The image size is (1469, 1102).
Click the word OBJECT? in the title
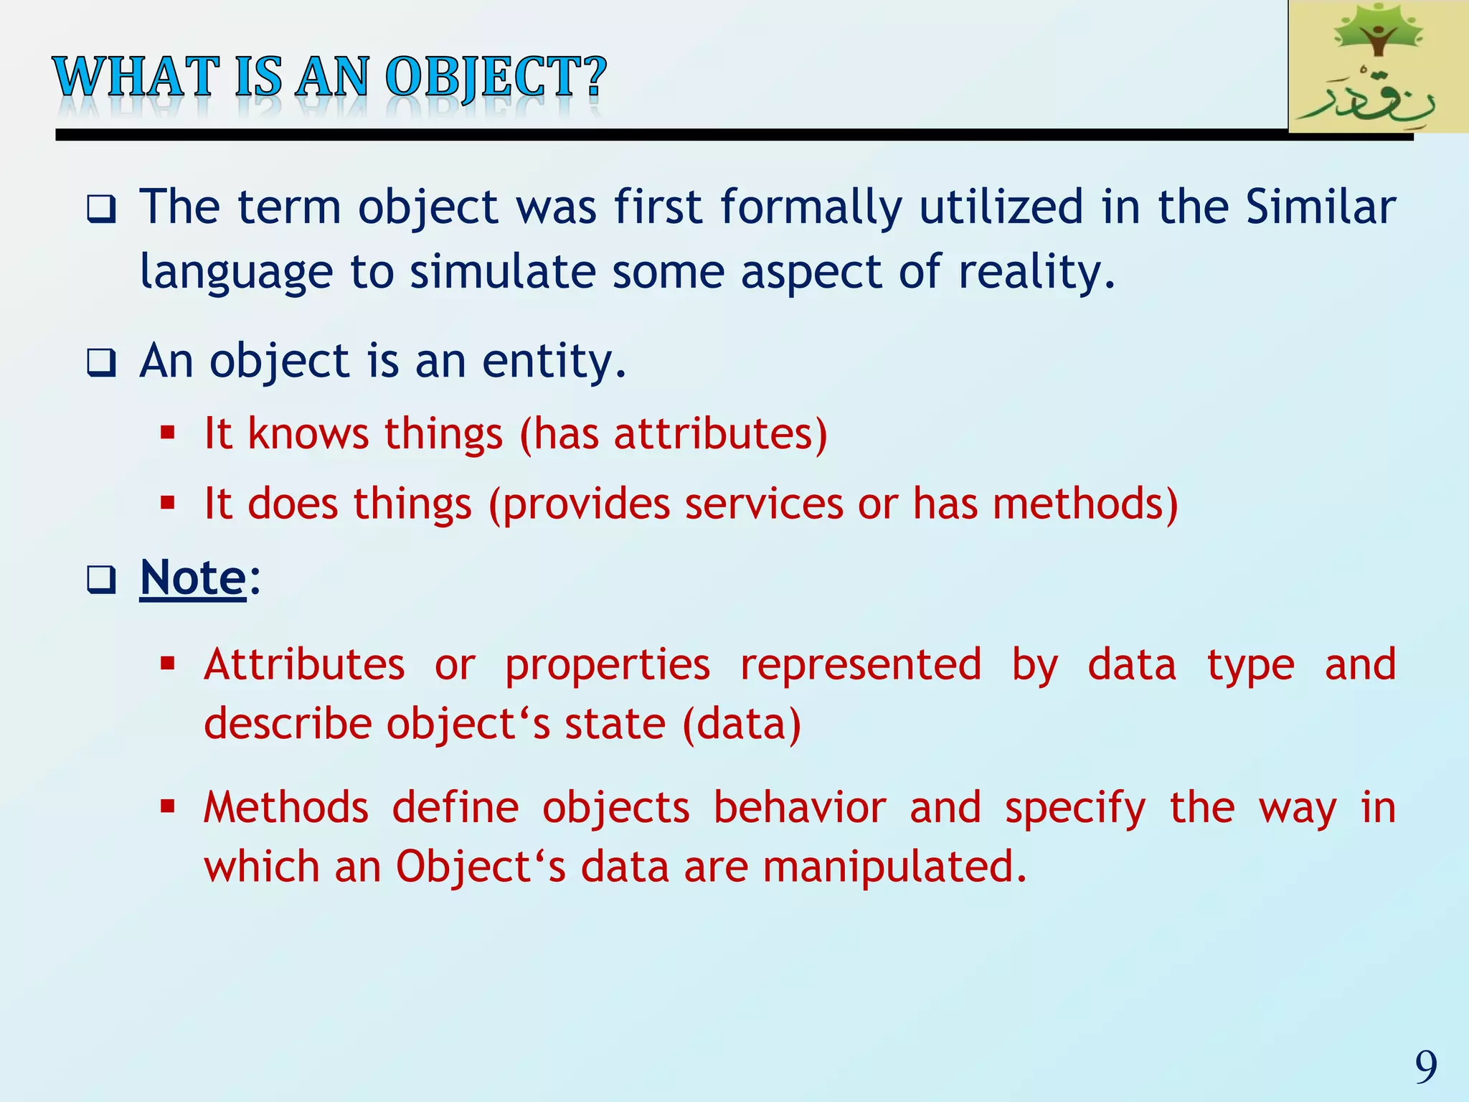(496, 77)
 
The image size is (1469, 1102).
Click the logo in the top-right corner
(1377, 66)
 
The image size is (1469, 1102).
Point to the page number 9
(1426, 1067)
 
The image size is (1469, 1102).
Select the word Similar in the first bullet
(1321, 208)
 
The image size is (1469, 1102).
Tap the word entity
(554, 361)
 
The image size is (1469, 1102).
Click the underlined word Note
(193, 578)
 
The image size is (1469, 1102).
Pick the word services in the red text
(764, 504)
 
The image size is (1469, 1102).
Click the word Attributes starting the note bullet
(304, 664)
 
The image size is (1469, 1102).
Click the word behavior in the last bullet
(800, 808)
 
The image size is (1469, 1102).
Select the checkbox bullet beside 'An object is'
(101, 362)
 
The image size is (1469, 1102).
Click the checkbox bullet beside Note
(101, 580)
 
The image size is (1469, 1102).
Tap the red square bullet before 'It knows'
(168, 433)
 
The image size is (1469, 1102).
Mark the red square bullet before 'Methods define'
(168, 806)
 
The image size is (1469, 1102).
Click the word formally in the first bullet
(811, 208)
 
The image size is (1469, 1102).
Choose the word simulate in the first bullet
(502, 273)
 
